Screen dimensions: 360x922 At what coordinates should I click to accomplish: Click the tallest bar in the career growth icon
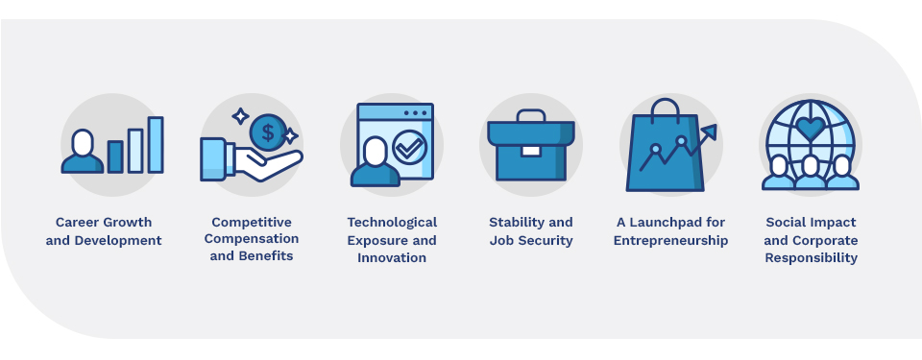(x=156, y=144)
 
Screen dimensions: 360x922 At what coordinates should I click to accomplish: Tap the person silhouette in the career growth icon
(x=83, y=154)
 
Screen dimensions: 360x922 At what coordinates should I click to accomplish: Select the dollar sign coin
(x=266, y=132)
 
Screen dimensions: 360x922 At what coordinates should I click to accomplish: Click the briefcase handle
(x=530, y=117)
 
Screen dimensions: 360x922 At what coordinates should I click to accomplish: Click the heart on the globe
(x=811, y=128)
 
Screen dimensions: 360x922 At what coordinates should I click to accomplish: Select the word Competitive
(x=252, y=223)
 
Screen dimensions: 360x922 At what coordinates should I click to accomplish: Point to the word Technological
(x=392, y=223)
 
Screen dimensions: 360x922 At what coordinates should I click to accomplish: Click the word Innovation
(x=392, y=257)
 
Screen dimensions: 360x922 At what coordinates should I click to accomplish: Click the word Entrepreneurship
(x=670, y=240)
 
